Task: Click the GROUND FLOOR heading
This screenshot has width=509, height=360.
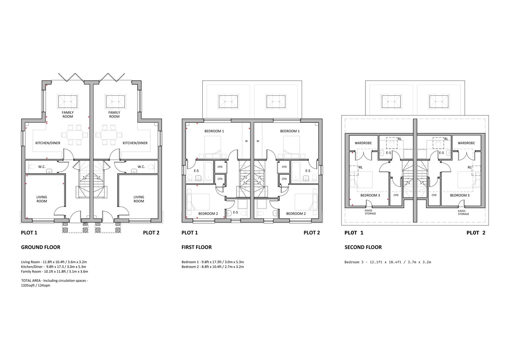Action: pyautogui.click(x=41, y=247)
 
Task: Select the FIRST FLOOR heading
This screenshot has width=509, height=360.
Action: pyautogui.click(x=197, y=247)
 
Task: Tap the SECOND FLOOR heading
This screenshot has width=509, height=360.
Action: pyautogui.click(x=363, y=247)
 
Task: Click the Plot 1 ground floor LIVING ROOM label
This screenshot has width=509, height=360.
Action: pyautogui.click(x=42, y=199)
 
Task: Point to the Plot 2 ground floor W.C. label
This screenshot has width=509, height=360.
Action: pyautogui.click(x=141, y=167)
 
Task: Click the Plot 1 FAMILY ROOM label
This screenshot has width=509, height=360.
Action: pyautogui.click(x=68, y=114)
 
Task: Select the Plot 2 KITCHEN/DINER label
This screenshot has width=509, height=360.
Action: pyautogui.click(x=135, y=143)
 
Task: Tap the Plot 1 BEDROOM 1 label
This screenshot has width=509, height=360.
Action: pyautogui.click(x=214, y=131)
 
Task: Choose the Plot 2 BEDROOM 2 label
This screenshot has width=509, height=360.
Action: pyautogui.click(x=296, y=214)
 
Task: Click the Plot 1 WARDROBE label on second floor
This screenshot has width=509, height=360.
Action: pyautogui.click(x=363, y=143)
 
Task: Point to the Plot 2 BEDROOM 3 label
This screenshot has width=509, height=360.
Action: pyautogui.click(x=460, y=195)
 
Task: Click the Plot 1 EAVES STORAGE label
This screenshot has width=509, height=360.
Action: pyautogui.click(x=370, y=212)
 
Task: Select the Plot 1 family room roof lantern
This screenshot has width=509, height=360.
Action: pyautogui.click(x=68, y=101)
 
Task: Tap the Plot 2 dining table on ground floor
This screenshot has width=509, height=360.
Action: pyautogui.click(x=109, y=135)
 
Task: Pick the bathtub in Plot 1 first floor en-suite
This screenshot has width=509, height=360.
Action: pyautogui.click(x=209, y=171)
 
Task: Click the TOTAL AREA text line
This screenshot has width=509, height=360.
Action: pyautogui.click(x=55, y=283)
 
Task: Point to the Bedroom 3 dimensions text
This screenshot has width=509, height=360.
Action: pyautogui.click(x=388, y=262)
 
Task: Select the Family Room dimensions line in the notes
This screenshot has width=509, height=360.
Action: pyautogui.click(x=55, y=271)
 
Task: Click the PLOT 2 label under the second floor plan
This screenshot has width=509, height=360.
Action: pyautogui.click(x=476, y=233)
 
